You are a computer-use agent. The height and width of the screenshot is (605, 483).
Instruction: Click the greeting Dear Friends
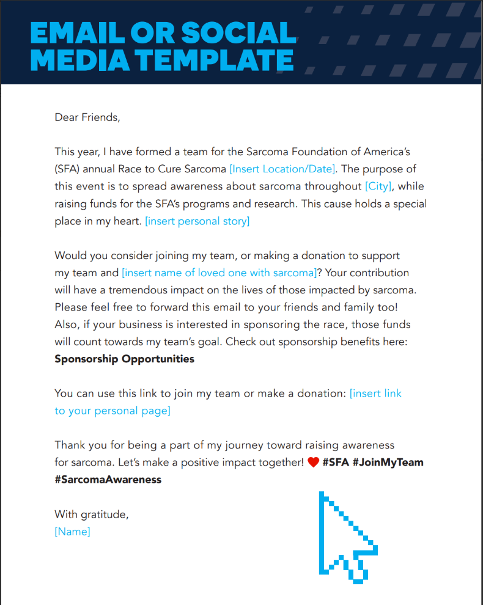point(87,117)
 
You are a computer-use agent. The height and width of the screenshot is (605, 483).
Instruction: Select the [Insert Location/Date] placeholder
point(282,169)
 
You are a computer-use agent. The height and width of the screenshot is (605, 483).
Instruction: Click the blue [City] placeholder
point(378,186)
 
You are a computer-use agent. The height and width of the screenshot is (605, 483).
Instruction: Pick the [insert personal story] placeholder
point(197,221)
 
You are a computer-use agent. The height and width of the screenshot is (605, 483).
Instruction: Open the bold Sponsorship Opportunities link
point(124,359)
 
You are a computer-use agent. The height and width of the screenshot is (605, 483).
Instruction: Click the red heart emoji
point(313,463)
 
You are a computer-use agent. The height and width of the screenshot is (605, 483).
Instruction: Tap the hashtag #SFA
point(336,463)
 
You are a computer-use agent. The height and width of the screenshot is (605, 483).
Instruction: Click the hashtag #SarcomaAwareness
point(108,480)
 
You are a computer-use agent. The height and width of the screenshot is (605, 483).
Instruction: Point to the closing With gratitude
point(91,515)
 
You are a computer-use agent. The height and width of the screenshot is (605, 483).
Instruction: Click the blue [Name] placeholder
point(72,532)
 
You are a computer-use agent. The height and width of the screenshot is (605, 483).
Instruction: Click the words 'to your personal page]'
point(112,411)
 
